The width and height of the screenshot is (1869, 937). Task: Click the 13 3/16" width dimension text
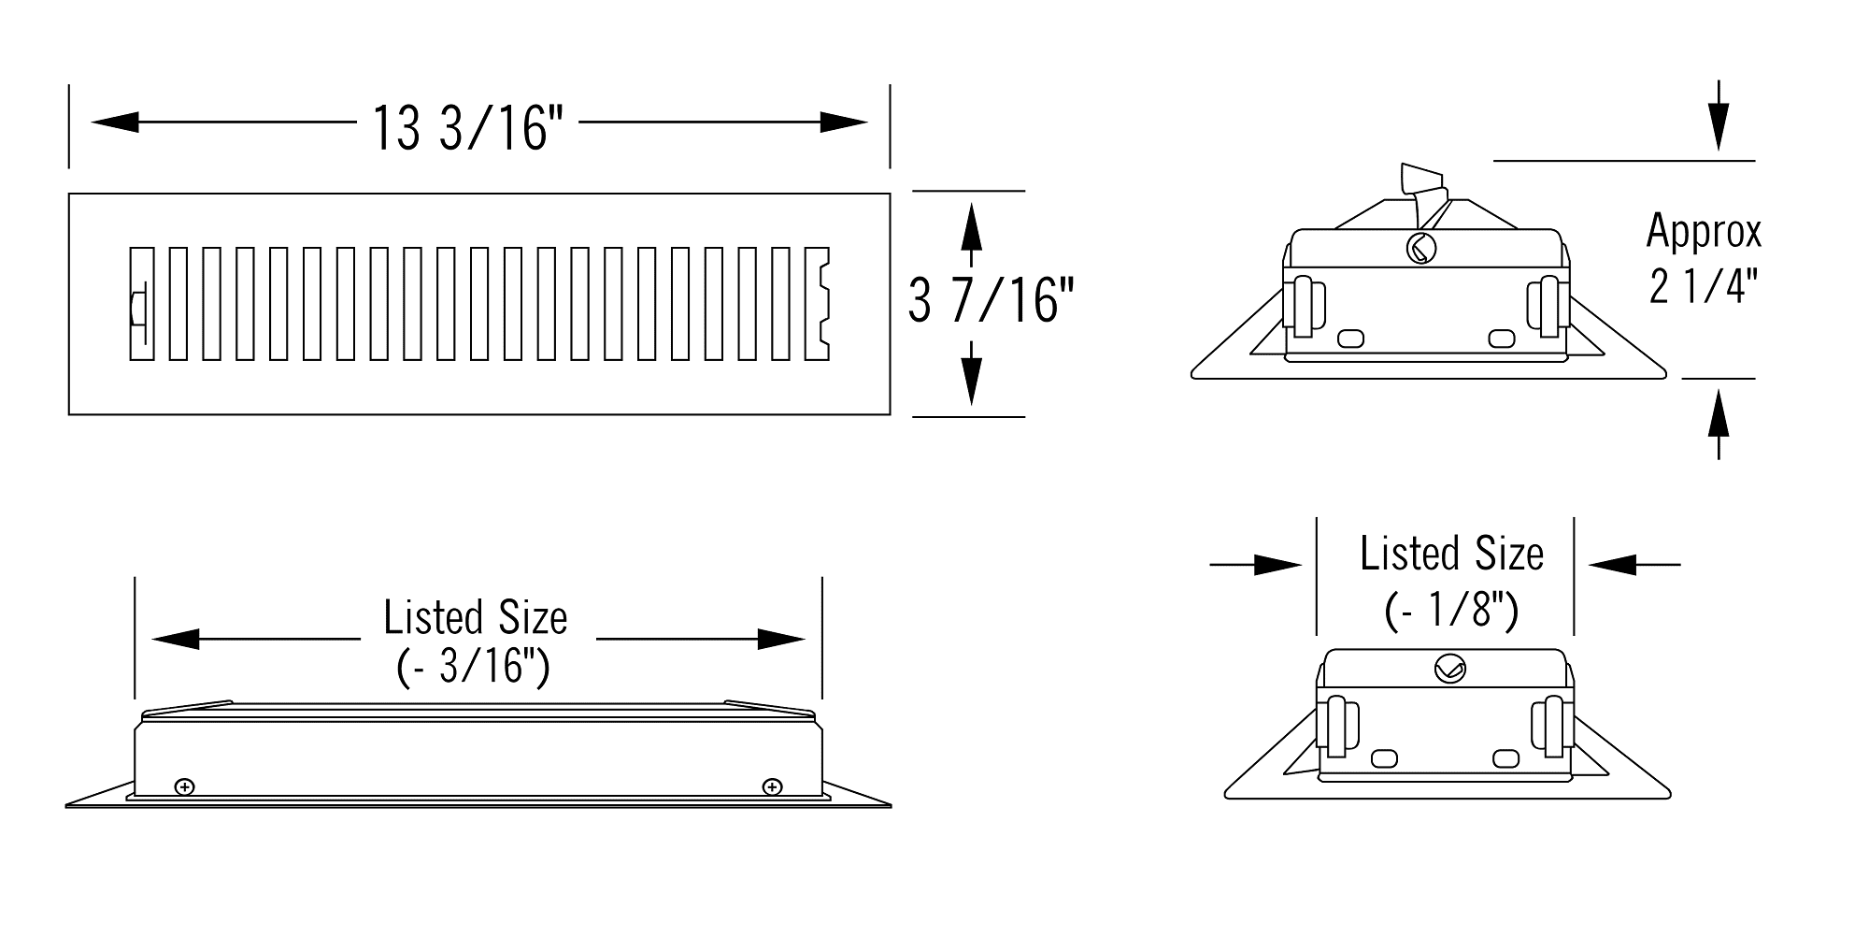pos(468,127)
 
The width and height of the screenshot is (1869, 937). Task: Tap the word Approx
pos(1704,232)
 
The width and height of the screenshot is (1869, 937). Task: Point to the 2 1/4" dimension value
pos(1704,287)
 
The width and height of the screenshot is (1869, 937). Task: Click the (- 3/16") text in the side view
pos(474,667)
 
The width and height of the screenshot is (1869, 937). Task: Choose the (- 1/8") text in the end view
pos(1451,611)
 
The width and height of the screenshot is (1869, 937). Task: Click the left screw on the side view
pos(185,786)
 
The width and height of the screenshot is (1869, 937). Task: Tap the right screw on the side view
pos(772,786)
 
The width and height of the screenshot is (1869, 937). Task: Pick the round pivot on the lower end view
pos(1449,669)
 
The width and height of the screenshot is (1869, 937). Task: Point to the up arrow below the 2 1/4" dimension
pos(1718,425)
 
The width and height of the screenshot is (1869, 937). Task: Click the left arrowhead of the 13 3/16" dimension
pos(115,122)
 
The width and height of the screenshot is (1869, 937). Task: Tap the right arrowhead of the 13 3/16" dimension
pos(844,122)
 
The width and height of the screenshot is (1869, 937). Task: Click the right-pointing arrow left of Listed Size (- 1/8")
pos(1256,565)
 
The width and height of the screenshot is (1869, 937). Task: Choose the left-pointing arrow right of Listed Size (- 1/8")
pos(1634,565)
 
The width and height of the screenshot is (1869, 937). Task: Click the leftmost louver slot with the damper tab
pos(141,304)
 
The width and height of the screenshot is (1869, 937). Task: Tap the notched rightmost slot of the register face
pos(817,304)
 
